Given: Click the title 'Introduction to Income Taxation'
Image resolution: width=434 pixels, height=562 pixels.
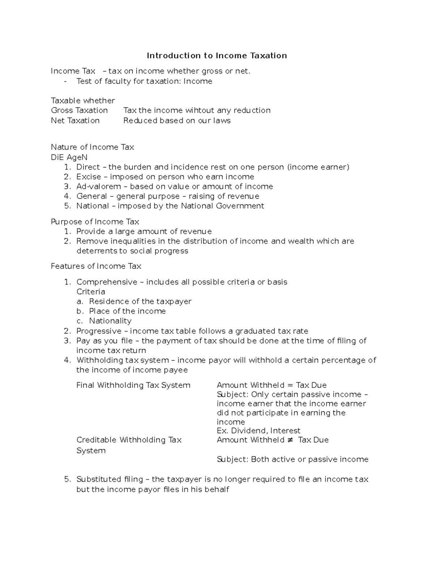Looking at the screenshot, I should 217,55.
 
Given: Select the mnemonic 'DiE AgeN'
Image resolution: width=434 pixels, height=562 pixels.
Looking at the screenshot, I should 69,157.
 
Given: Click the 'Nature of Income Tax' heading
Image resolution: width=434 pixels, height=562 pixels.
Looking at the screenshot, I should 92,147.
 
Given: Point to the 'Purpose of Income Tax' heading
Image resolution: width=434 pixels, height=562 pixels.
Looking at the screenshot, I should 95,221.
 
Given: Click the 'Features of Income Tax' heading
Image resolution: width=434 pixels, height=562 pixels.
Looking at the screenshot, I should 96,266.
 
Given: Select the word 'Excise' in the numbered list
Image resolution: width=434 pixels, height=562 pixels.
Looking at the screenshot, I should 89,177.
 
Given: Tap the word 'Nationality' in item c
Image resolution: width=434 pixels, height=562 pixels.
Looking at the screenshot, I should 110,321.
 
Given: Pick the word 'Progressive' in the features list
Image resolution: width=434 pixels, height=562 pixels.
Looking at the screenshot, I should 99,331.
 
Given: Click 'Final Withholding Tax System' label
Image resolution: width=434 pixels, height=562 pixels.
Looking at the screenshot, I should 133,385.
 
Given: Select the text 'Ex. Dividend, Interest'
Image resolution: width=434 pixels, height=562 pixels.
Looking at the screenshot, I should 258,431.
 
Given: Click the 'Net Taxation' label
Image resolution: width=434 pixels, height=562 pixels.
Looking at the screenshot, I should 75,121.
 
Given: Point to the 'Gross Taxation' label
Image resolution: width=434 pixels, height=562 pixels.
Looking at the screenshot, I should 79,110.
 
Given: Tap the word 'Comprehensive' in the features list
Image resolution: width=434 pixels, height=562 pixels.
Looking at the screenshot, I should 107,282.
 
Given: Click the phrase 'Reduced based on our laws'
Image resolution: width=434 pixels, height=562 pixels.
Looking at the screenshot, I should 177,121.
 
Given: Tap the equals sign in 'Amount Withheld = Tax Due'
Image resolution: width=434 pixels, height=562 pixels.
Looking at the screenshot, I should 290,385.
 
